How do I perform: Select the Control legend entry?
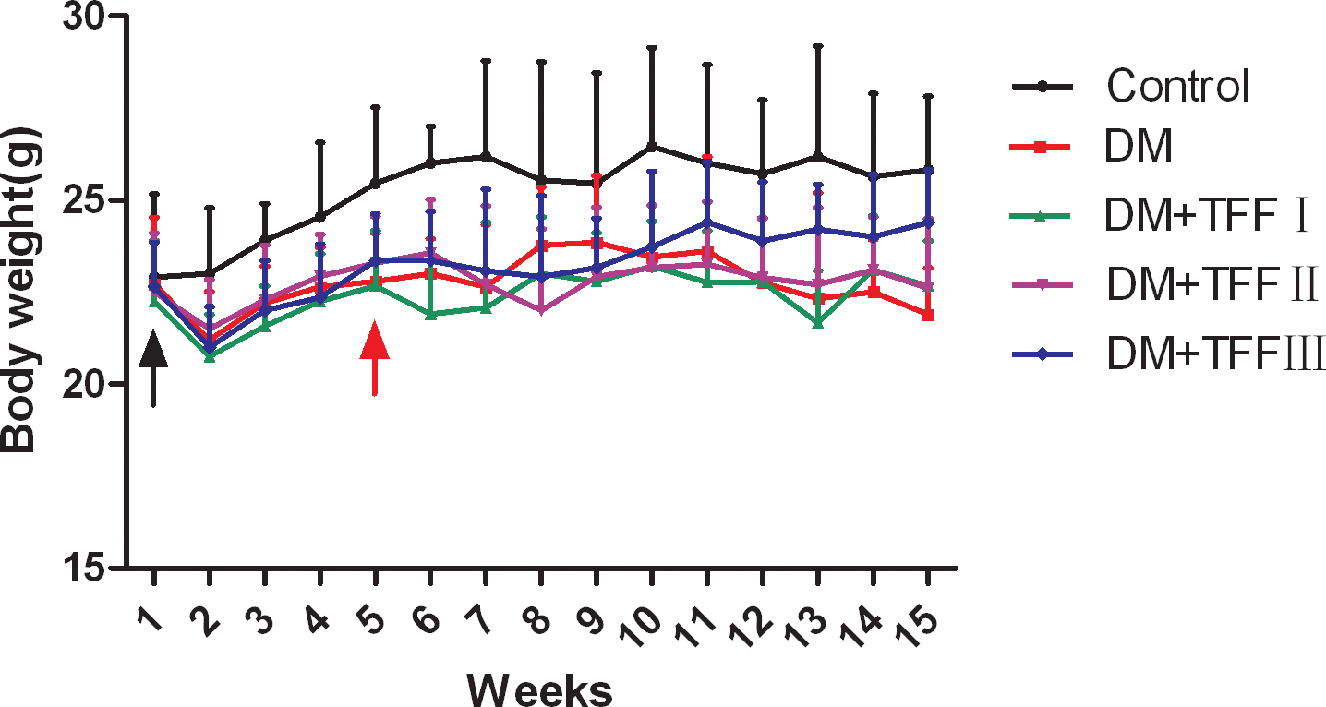tap(1177, 87)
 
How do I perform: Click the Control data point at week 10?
tap(652, 146)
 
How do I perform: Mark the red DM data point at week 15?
tap(927, 315)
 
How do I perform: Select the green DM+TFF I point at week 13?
tap(817, 322)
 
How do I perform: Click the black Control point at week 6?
tap(430, 162)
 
